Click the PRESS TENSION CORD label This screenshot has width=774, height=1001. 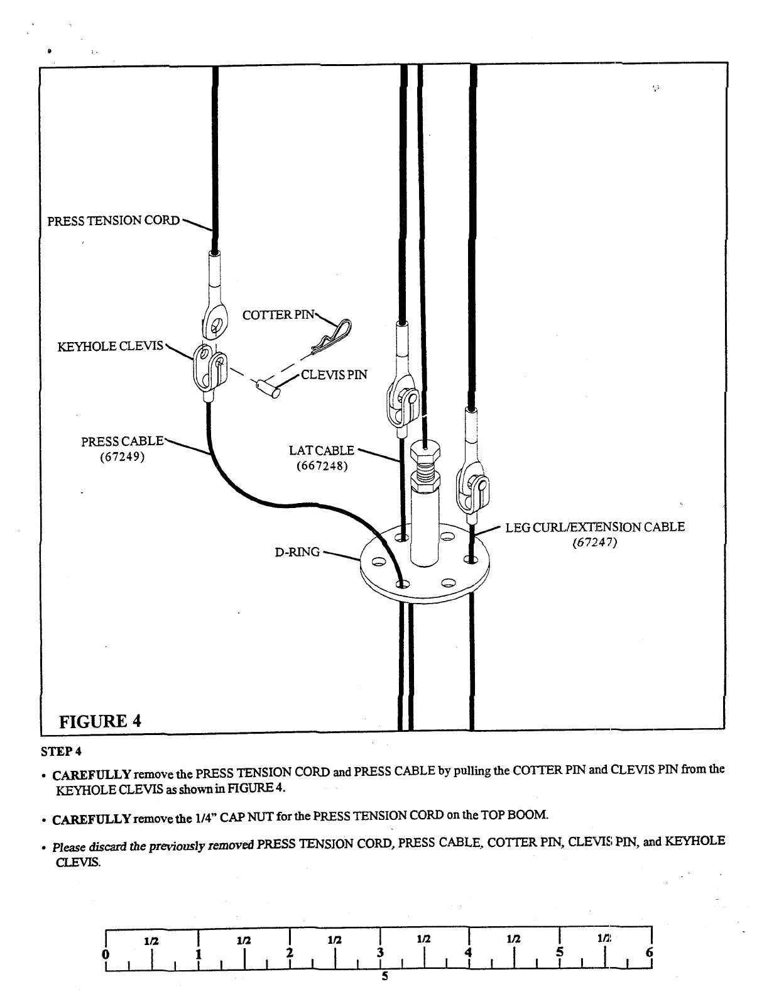click(113, 221)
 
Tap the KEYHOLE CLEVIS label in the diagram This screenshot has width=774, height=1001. click(111, 346)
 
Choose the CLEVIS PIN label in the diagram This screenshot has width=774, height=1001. click(334, 375)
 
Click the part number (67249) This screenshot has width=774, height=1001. click(123, 456)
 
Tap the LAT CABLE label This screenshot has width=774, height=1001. click(322, 450)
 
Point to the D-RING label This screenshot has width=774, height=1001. click(298, 552)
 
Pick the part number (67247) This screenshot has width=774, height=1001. click(595, 543)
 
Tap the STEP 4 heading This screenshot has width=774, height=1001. click(61, 751)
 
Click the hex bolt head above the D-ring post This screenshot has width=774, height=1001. click(425, 451)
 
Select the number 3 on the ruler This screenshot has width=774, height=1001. click(379, 952)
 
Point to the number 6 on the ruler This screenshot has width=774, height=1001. click(650, 952)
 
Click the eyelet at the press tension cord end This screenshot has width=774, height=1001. click(215, 326)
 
